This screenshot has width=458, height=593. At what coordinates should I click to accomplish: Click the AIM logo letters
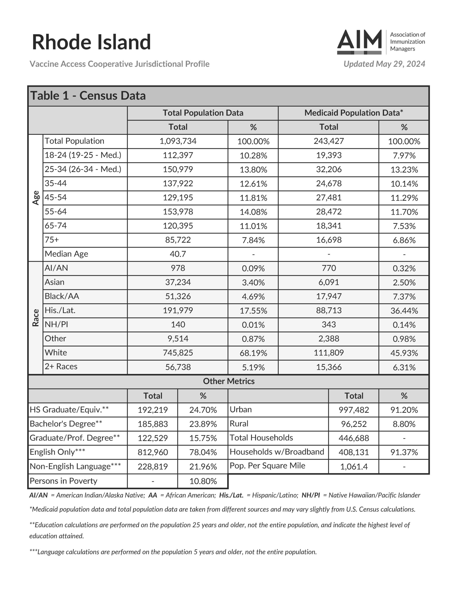(359, 41)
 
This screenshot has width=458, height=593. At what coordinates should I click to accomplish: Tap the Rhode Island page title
(91, 42)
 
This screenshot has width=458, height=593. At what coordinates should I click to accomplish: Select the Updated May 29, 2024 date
(384, 64)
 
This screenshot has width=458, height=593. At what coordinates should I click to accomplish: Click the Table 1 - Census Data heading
(88, 96)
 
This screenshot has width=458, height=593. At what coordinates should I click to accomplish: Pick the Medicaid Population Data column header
(353, 113)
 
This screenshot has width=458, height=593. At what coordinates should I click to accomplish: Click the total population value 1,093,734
(178, 141)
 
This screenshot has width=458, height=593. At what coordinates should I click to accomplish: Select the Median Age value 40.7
(178, 254)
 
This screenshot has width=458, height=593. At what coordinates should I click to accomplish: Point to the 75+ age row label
(52, 240)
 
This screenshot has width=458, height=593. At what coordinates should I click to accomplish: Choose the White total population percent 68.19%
(253, 353)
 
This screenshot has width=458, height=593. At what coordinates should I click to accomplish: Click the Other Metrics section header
(229, 381)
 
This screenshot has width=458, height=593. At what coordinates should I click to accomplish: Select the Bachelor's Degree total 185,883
(153, 424)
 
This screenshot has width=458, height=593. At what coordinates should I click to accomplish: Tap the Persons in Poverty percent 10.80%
(203, 481)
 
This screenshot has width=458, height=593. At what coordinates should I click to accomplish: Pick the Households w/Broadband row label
(277, 452)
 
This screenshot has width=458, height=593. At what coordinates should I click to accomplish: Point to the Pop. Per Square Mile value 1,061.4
(354, 467)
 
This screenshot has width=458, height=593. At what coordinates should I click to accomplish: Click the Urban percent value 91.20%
(404, 410)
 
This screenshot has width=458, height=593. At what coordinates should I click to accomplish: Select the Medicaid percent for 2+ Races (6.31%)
(404, 367)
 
